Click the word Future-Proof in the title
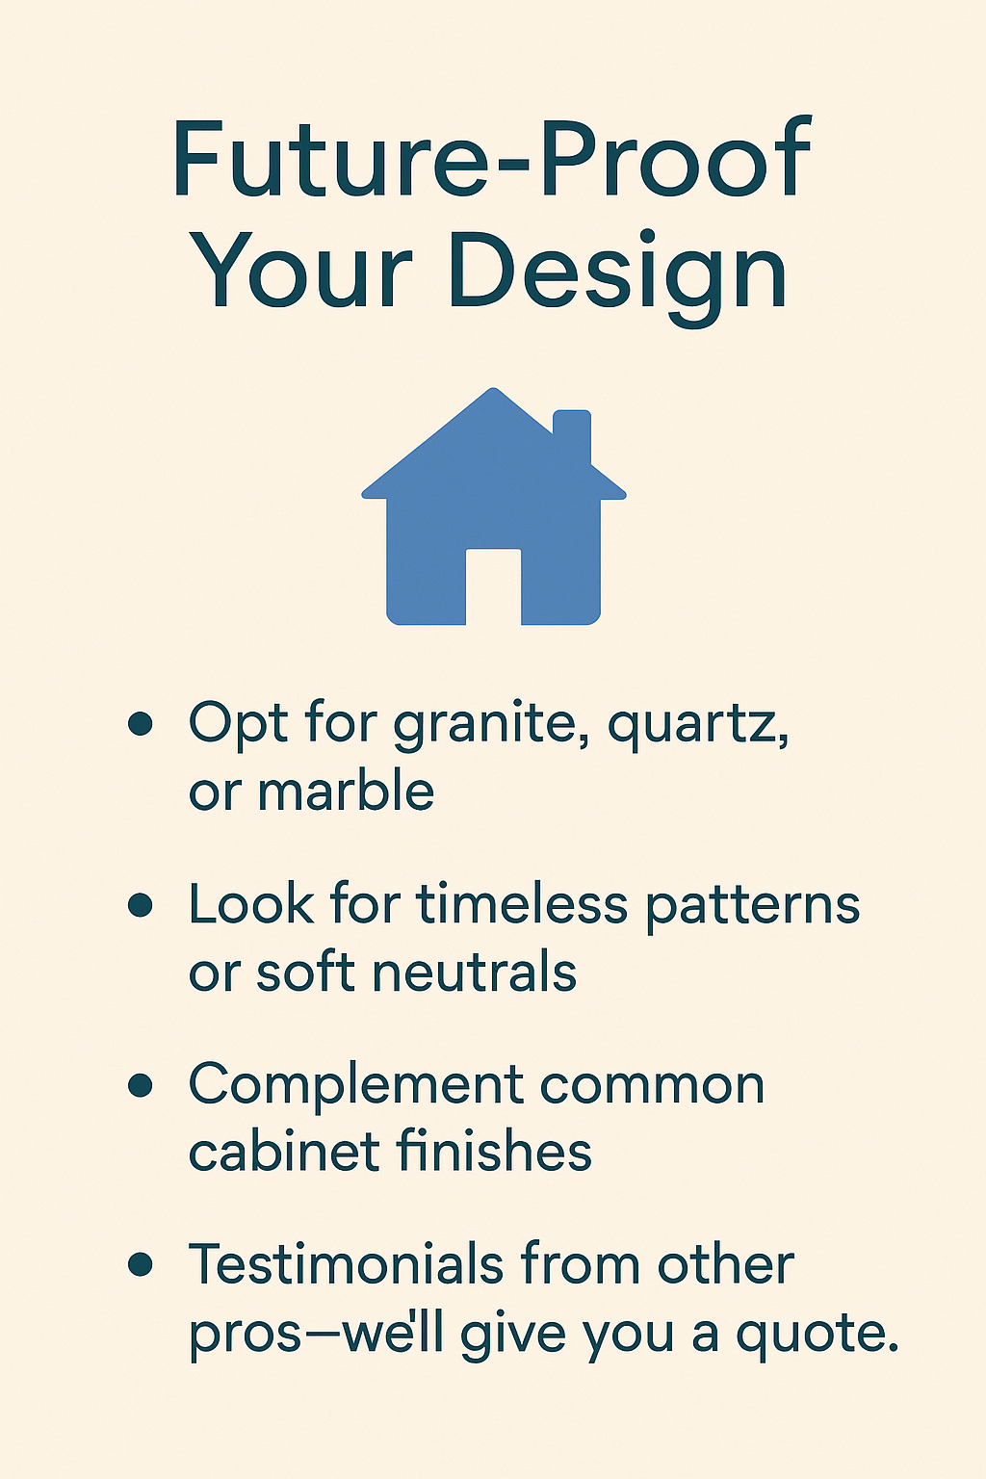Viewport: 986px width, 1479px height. tap(491, 159)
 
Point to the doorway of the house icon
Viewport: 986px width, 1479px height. tap(493, 587)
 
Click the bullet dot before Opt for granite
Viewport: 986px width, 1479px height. tap(141, 724)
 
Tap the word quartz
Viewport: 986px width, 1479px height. tap(695, 724)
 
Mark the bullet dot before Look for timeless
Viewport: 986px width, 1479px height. tap(141, 905)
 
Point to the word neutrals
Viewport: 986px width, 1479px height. tap(474, 973)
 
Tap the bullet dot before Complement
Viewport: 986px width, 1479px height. tap(141, 1085)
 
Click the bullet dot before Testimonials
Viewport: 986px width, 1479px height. tap(141, 1265)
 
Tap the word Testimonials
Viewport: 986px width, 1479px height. tap(348, 1264)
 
